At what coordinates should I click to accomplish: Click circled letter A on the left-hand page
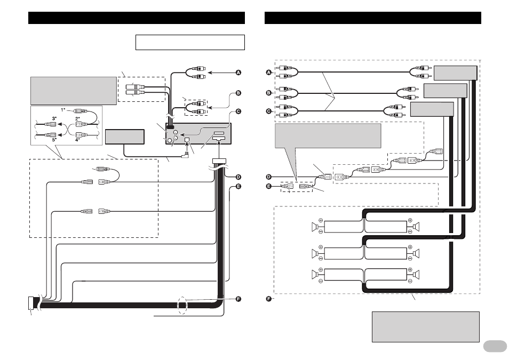[x=238, y=73]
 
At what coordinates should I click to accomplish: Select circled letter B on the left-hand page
[x=238, y=93]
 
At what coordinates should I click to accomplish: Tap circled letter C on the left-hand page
[x=238, y=111]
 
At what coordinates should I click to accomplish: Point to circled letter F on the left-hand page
[x=238, y=299]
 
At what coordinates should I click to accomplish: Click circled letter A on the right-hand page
[x=269, y=73]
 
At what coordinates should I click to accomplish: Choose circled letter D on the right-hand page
[x=269, y=177]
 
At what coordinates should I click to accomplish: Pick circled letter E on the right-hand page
[x=269, y=186]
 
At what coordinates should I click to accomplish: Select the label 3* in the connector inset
[x=54, y=119]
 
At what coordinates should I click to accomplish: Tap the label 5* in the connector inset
[x=54, y=140]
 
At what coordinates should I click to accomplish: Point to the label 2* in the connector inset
[x=77, y=119]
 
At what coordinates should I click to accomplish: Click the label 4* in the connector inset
[x=77, y=140]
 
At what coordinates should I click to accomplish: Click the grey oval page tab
[x=495, y=346]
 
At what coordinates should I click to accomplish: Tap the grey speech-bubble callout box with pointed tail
[x=328, y=135]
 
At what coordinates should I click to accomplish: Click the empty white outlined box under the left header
[x=190, y=42]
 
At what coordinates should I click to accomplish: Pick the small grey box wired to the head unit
[x=125, y=137]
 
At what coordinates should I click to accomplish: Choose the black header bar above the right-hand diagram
[x=372, y=18]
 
